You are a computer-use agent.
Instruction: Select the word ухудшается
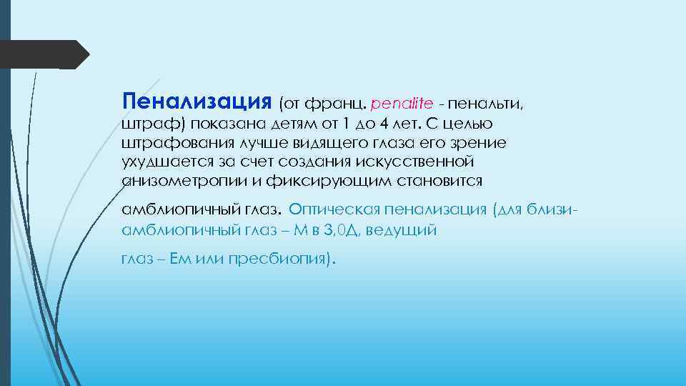pyautogui.click(x=164, y=162)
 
